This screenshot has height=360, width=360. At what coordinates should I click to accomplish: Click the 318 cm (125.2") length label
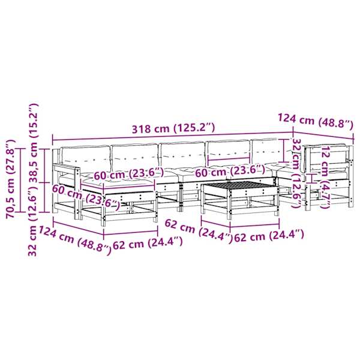(173, 128)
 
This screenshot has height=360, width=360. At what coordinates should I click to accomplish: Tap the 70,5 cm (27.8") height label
(11, 179)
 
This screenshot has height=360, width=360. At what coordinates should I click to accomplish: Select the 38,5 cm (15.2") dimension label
(34, 143)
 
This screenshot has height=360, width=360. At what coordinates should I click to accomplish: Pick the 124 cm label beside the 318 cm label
(316, 121)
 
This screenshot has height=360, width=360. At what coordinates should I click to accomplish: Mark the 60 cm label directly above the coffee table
(230, 171)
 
